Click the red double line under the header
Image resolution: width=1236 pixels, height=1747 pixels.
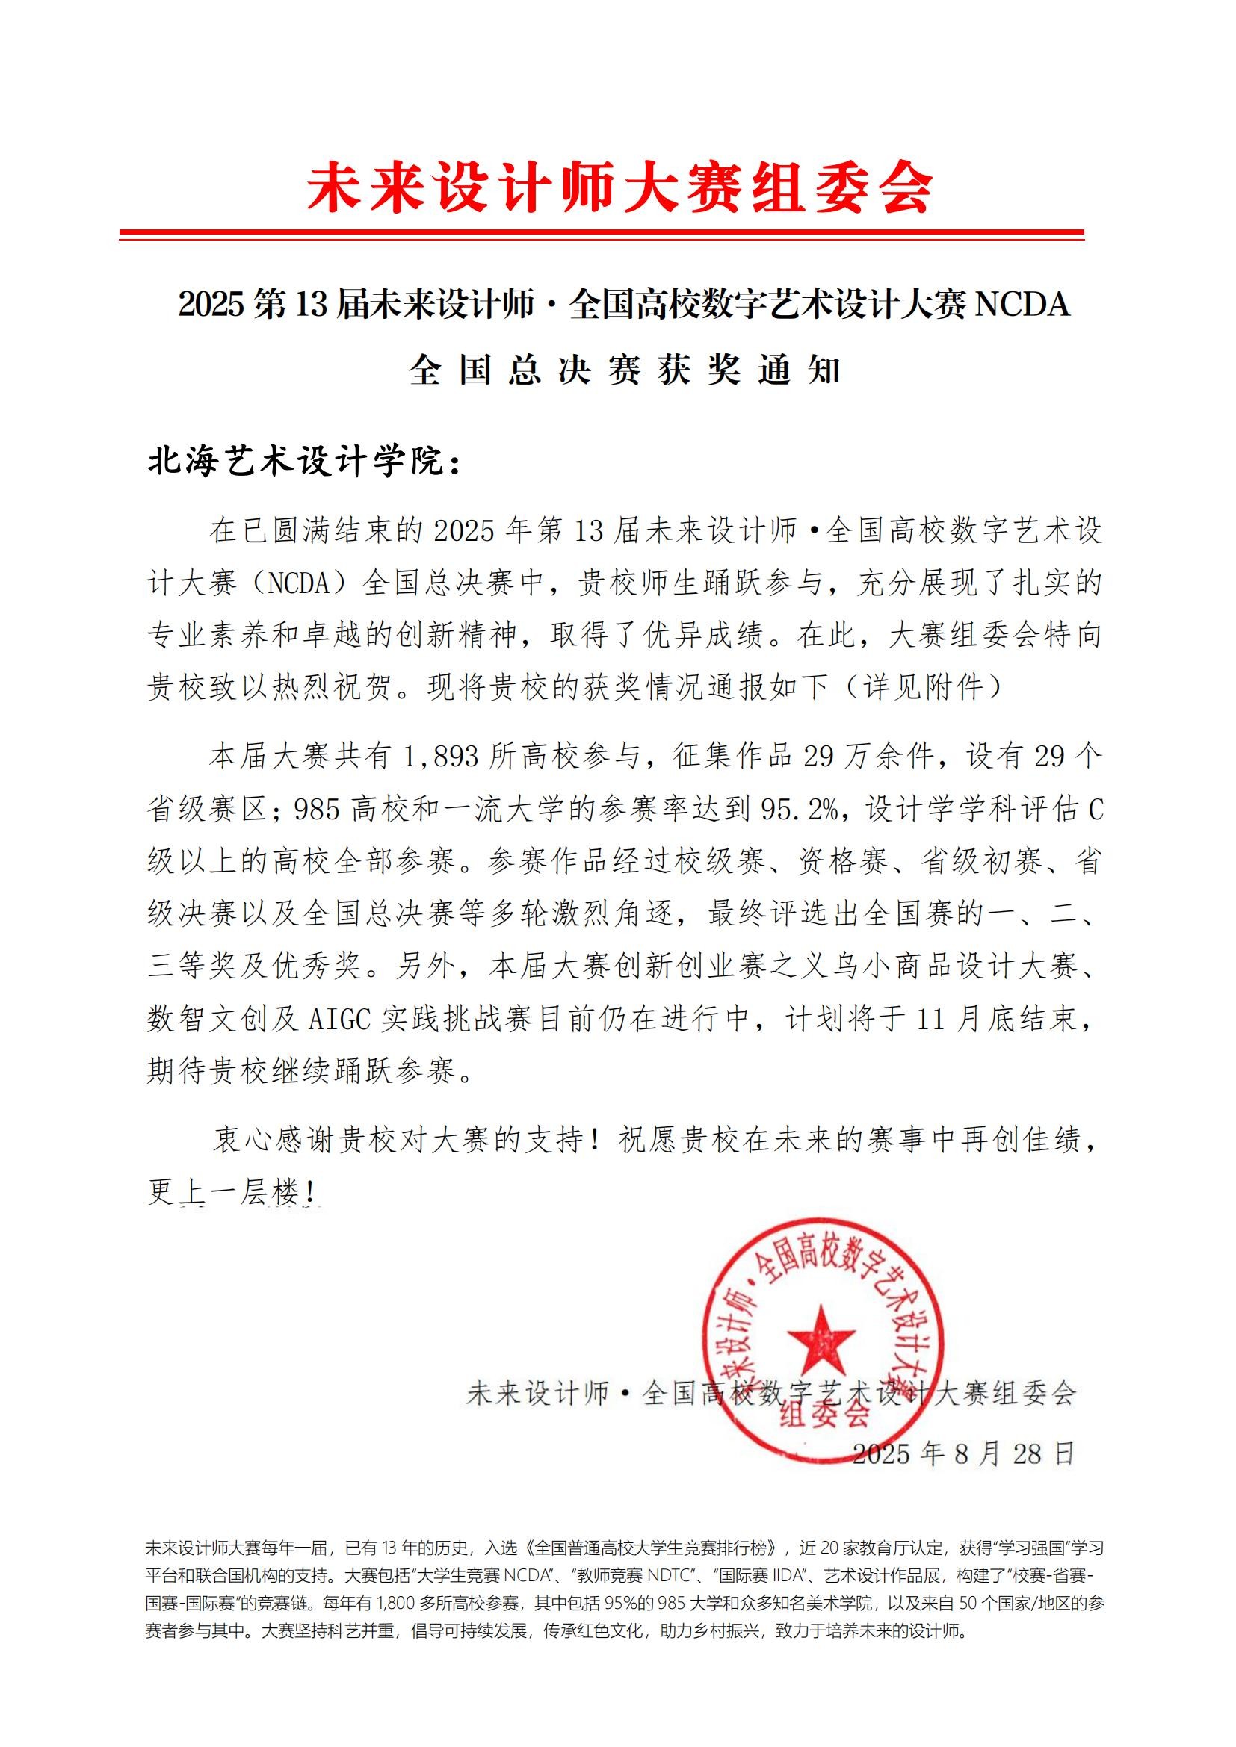click(602, 235)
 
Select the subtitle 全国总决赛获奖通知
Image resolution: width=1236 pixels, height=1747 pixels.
click(624, 370)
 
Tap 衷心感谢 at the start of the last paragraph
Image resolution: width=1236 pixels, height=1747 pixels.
click(274, 1140)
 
